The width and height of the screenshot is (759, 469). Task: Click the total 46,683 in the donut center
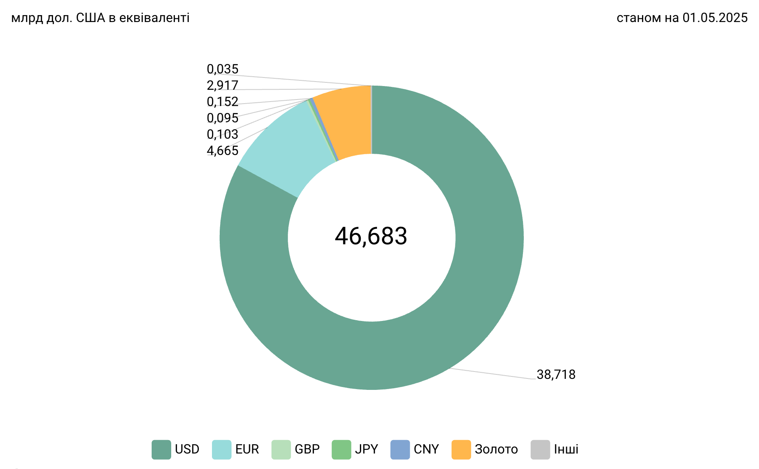click(x=371, y=236)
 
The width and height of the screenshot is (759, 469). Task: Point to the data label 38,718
click(x=556, y=374)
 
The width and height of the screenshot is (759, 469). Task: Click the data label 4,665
click(x=223, y=151)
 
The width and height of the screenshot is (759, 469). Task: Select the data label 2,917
click(x=223, y=86)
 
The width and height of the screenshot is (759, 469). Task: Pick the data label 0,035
click(x=223, y=69)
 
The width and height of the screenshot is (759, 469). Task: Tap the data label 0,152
click(x=223, y=102)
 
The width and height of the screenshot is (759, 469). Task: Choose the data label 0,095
click(x=223, y=118)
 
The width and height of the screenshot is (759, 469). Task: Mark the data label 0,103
click(x=223, y=135)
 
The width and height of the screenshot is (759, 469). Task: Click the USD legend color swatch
click(x=161, y=449)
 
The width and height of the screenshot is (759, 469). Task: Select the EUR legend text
click(x=247, y=449)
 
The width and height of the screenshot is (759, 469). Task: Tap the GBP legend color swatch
click(x=281, y=449)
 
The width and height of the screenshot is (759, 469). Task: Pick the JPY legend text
click(x=366, y=449)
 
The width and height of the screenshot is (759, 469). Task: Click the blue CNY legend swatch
click(x=400, y=449)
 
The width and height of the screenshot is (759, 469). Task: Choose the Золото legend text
click(x=496, y=449)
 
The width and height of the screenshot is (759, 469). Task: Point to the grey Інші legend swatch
click(x=541, y=449)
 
